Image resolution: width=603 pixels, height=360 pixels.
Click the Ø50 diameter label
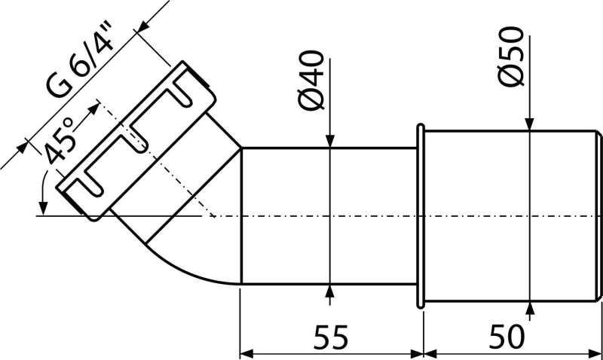(x=512, y=56)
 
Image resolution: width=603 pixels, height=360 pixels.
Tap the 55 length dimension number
(x=331, y=337)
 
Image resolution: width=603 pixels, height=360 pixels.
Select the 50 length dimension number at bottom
(x=507, y=337)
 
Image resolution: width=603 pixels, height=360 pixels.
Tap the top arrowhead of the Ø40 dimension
(x=330, y=141)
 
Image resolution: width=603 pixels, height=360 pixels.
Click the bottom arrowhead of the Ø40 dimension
(x=330, y=291)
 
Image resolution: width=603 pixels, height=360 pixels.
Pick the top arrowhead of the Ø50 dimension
(x=530, y=124)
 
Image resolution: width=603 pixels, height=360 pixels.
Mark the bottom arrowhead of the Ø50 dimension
(x=530, y=310)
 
